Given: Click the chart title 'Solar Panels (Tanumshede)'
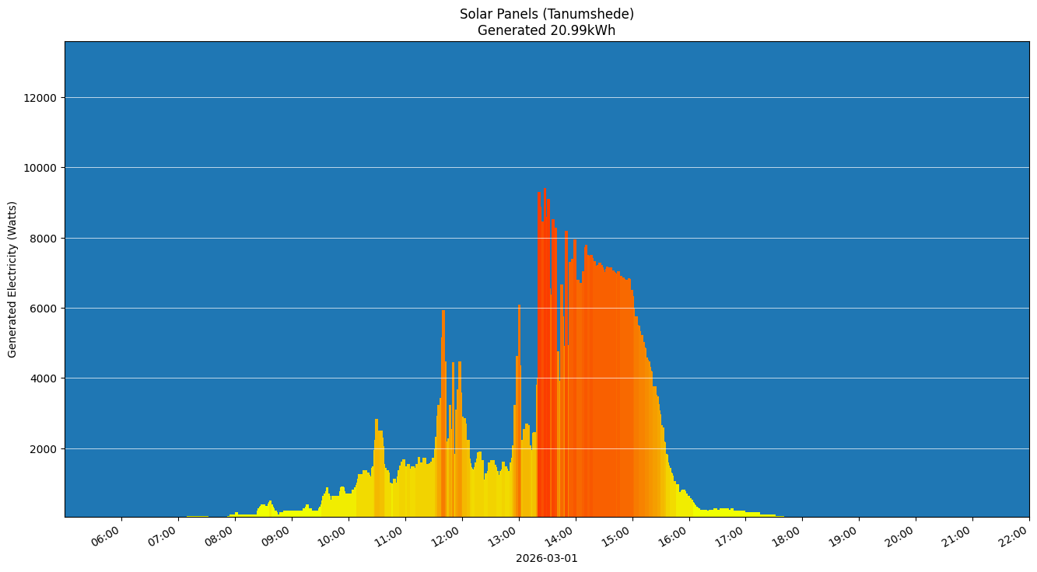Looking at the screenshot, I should coord(546,14).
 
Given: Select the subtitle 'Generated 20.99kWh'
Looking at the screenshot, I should coord(546,31).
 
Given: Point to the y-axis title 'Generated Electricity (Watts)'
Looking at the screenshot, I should coord(12,279).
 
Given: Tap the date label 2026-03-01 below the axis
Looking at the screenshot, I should coord(546,558).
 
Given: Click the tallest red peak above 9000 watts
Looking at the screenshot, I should coord(545,190).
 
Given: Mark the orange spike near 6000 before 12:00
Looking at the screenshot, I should coord(443,312).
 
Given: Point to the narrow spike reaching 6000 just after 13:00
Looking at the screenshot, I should coord(519,307).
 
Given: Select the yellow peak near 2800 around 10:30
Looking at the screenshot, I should coord(377,421).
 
